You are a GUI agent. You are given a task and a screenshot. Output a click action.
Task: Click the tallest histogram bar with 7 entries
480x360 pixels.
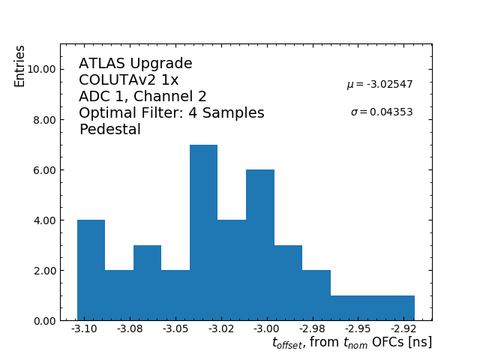click(x=203, y=232)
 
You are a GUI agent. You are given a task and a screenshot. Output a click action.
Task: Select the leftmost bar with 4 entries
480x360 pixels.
click(x=91, y=270)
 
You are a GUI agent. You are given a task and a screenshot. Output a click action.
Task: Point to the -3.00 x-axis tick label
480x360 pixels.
click(x=266, y=329)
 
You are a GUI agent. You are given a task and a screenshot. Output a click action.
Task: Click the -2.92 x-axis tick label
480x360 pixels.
click(x=403, y=329)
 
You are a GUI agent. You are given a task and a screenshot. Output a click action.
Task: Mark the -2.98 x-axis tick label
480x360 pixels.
click(x=312, y=329)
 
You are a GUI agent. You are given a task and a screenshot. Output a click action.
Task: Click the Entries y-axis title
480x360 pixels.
click(x=20, y=66)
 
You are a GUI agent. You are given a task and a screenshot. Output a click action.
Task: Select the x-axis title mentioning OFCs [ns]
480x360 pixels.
click(x=352, y=343)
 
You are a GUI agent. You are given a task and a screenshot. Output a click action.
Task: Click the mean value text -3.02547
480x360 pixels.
click(x=379, y=85)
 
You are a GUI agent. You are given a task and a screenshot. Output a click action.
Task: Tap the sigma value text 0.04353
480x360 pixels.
click(x=382, y=112)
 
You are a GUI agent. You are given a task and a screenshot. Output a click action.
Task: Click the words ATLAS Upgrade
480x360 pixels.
click(x=136, y=64)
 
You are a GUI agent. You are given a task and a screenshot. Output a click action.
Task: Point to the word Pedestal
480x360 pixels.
click(x=109, y=130)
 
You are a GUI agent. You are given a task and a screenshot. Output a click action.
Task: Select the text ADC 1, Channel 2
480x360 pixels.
click(x=142, y=97)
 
